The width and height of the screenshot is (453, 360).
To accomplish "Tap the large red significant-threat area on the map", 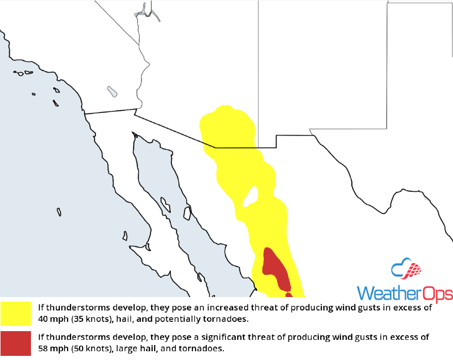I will point(275,269).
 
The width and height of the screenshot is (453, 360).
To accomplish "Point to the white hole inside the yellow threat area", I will point(251,196).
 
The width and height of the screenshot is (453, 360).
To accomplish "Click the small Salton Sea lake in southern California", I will point(112,92).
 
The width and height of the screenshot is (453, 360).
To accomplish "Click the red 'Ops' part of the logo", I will point(437,294).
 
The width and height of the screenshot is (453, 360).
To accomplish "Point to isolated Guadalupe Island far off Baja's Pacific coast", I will point(59,212).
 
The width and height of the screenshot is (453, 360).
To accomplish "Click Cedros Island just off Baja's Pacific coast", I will point(125,236).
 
